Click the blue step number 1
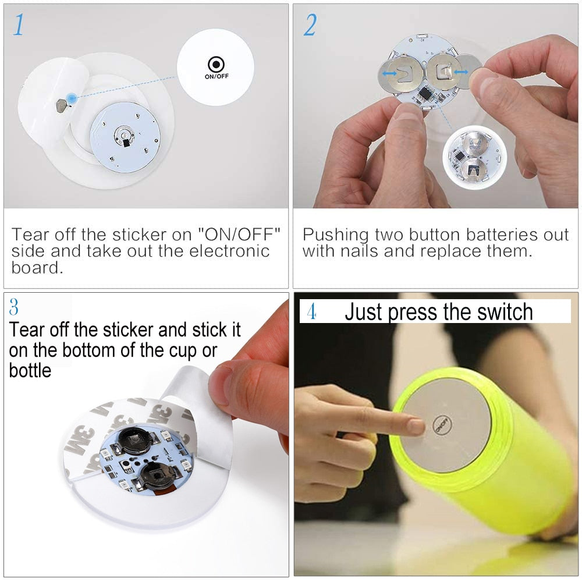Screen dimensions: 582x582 point(19,24)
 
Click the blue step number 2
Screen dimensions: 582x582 point(310,24)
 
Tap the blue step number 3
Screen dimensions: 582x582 point(15,307)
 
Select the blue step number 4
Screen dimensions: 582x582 point(311,312)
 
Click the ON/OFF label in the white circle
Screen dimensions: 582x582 point(216,76)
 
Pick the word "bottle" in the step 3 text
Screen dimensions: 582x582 point(30,370)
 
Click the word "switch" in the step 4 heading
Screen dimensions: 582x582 point(505,312)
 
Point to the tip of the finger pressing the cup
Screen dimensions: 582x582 point(416,426)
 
